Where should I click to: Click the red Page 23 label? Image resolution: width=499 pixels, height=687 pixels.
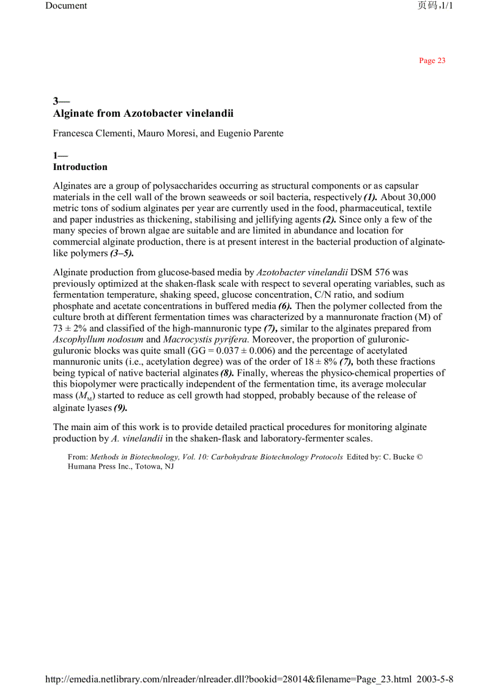(432, 61)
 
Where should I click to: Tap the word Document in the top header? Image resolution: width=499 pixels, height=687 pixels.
(66, 6)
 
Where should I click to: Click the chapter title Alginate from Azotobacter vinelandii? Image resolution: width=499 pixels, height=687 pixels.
(143, 113)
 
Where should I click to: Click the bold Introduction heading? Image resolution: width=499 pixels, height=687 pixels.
(80, 167)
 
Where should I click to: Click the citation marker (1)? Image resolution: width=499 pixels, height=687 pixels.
(371, 197)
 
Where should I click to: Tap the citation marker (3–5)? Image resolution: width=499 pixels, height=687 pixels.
(122, 253)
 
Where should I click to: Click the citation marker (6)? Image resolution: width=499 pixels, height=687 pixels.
(285, 306)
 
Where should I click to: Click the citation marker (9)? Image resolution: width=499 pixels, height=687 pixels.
(120, 408)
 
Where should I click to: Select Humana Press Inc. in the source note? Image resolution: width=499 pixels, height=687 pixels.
(96, 466)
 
